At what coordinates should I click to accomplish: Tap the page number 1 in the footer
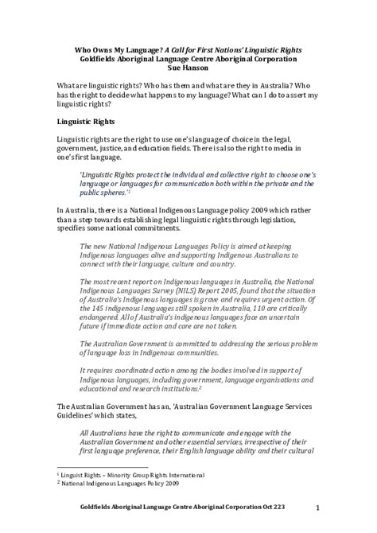click(x=317, y=507)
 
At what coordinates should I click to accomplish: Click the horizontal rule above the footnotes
click(x=104, y=467)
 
